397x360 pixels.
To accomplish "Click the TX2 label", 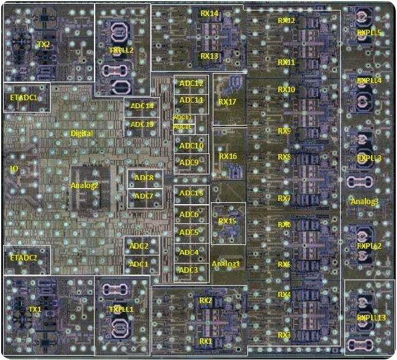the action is pyautogui.click(x=43, y=44).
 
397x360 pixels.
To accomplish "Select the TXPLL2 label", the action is pyautogui.click(x=121, y=51).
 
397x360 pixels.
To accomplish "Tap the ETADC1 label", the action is pyautogui.click(x=24, y=98).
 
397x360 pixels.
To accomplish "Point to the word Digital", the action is pyautogui.click(x=82, y=133).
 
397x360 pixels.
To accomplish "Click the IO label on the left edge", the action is pyautogui.click(x=14, y=169).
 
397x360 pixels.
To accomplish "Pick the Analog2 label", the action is pyautogui.click(x=85, y=185).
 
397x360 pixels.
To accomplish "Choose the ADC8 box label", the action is pyautogui.click(x=143, y=178).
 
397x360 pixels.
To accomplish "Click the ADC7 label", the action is pyautogui.click(x=143, y=196).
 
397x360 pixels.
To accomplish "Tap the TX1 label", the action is pyautogui.click(x=35, y=309).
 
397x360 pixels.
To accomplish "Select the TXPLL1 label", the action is pyautogui.click(x=121, y=309).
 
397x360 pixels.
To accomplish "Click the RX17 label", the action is pyautogui.click(x=228, y=102).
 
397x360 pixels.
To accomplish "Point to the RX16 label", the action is pyautogui.click(x=228, y=156).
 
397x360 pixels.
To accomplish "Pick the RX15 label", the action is pyautogui.click(x=227, y=221).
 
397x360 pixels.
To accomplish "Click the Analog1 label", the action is pyautogui.click(x=226, y=264).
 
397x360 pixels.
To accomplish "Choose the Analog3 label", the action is pyautogui.click(x=365, y=201).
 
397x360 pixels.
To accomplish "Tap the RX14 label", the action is pyautogui.click(x=210, y=13).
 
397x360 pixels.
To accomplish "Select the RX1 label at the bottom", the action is pyautogui.click(x=205, y=341).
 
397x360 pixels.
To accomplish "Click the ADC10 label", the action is pyautogui.click(x=192, y=146).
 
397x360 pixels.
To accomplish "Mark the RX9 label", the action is pyautogui.click(x=284, y=131).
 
